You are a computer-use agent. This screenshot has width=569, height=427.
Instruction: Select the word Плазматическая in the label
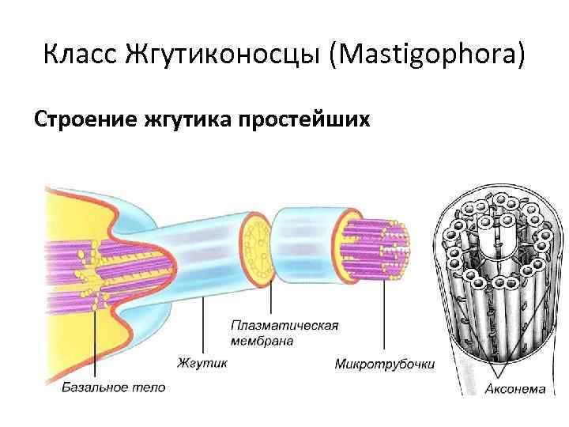[284, 326]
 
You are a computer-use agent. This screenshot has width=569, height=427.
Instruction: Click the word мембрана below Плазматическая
[262, 341]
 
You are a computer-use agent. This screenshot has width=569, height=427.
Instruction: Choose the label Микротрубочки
[384, 365]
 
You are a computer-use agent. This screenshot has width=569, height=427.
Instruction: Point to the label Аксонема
[514, 388]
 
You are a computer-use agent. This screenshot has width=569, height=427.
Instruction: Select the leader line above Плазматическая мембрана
[271, 297]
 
